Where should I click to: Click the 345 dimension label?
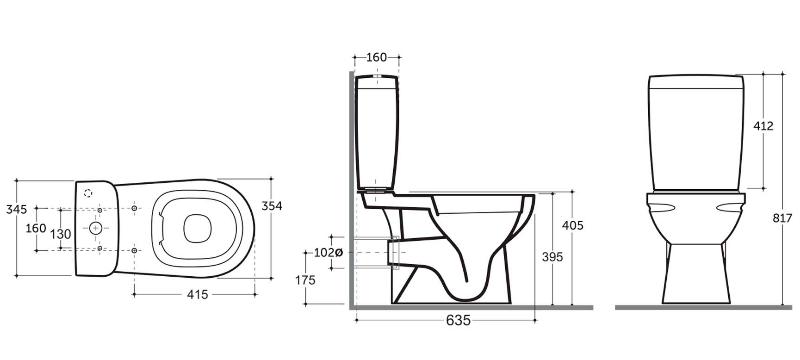coord(16,209)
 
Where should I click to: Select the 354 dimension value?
coord(271,206)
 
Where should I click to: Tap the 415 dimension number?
coord(197,295)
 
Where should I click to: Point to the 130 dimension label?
coord(61,235)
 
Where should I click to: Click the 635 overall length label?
coord(458,320)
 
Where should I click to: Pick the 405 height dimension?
coord(572,225)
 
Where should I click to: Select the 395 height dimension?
coord(553,257)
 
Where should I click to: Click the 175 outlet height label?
coord(305,280)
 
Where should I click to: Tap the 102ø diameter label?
coord(329,252)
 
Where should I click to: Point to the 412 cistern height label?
coord(763,126)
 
